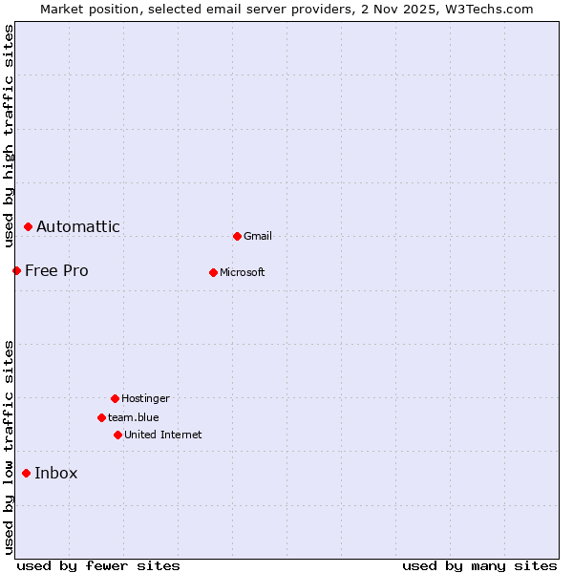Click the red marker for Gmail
click(237, 236)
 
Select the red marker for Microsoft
click(213, 272)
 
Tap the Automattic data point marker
click(28, 226)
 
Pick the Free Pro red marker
click(16, 270)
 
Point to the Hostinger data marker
click(115, 398)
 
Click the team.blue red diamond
click(101, 417)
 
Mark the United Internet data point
click(117, 435)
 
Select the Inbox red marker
click(26, 473)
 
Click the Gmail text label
click(258, 236)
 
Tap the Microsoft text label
click(243, 272)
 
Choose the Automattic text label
click(78, 226)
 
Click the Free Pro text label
click(56, 270)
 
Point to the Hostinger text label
click(145, 398)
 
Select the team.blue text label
click(134, 417)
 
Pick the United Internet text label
click(163, 435)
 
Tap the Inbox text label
click(56, 473)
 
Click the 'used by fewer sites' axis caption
click(98, 565)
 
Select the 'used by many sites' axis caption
click(479, 565)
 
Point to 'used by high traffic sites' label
click(9, 137)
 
